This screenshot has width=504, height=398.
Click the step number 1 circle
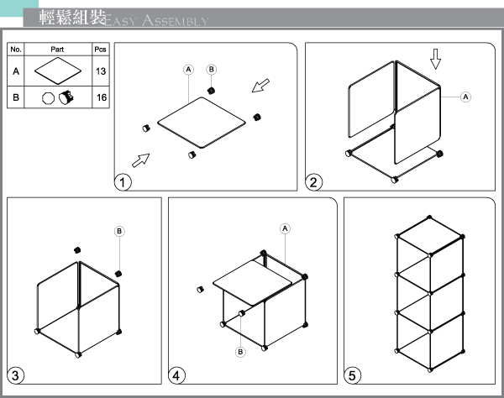click(123, 182)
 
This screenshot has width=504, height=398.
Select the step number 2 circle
click(313, 182)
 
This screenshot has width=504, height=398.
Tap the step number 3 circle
click(15, 375)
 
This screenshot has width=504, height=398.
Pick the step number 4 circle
click(176, 375)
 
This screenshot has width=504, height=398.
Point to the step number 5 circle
click(352, 375)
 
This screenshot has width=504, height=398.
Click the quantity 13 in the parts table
click(101, 71)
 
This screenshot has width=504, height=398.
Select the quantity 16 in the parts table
click(102, 97)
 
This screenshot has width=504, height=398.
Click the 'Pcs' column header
click(100, 50)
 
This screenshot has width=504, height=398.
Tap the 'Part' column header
click(57, 50)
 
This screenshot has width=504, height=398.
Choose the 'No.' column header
click(16, 50)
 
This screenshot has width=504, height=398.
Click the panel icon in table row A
click(58, 71)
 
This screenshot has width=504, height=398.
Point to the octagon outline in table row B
click(48, 98)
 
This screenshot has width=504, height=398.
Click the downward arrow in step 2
click(435, 59)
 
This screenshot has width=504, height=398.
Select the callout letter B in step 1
click(211, 69)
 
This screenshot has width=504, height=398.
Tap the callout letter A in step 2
click(465, 97)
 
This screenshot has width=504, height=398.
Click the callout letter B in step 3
click(119, 231)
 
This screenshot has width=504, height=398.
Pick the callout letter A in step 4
click(285, 228)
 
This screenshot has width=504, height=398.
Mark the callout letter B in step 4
click(240, 352)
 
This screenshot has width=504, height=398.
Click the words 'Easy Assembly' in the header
click(156, 20)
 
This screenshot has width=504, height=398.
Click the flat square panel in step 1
click(202, 123)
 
